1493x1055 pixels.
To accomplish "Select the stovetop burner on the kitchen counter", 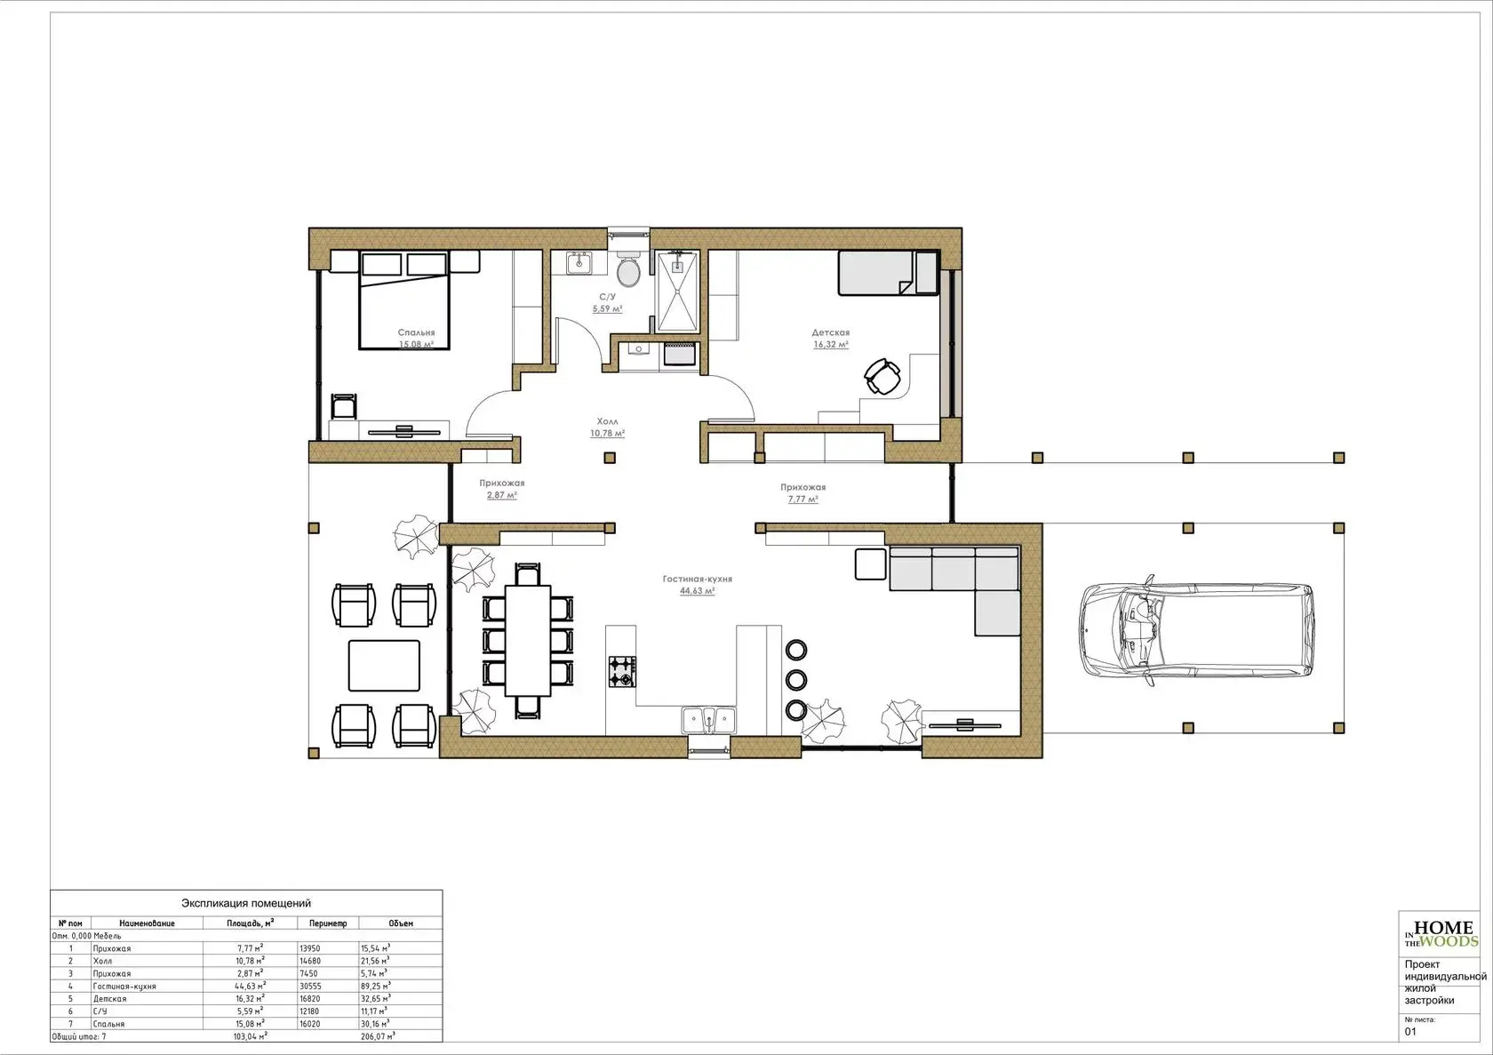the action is point(622,672).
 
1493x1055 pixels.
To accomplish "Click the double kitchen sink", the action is point(708,721).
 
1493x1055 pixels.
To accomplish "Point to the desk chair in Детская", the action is point(882,377).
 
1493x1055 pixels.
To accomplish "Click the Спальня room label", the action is point(416,332).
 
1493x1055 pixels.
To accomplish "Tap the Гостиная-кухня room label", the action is point(697,579).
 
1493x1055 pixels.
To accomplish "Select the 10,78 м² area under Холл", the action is point(607,433).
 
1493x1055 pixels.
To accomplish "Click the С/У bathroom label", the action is point(607,297).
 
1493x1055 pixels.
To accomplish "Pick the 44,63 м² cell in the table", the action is point(250,986).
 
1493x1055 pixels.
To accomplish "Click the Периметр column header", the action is point(328,923).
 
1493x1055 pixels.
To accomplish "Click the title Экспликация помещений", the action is point(246,903).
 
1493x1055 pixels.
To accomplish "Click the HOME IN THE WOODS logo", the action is point(1442,934).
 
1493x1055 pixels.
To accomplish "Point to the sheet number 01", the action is point(1410,1032).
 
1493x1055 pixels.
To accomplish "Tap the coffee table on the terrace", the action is point(384,665).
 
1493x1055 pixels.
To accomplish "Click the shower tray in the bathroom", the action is point(676,292).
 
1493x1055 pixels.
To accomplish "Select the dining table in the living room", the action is point(528,640).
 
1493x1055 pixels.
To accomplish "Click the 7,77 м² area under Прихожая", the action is point(802,500).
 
